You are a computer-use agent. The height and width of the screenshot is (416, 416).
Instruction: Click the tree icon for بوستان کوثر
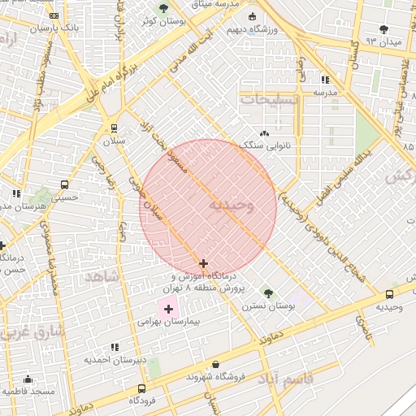(163, 8)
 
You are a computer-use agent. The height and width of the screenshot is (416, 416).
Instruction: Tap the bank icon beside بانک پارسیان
(54, 15)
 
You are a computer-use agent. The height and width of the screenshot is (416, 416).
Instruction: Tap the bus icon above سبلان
(113, 128)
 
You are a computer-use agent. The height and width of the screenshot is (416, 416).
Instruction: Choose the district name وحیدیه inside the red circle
(232, 206)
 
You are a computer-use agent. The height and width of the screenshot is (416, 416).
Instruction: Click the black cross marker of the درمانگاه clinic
(203, 263)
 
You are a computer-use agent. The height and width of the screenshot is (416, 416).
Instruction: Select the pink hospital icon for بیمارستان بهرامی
(169, 309)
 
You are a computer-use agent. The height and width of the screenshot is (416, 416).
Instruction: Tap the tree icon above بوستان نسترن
(267, 292)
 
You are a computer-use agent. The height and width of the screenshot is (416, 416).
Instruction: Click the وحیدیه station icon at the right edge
(390, 294)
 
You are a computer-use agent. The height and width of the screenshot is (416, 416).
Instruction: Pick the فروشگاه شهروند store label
(214, 376)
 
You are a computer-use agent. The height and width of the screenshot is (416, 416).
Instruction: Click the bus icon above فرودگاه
(143, 388)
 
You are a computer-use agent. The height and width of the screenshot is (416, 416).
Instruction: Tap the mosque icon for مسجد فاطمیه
(28, 379)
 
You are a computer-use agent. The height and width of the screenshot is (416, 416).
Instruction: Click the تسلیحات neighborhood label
(269, 98)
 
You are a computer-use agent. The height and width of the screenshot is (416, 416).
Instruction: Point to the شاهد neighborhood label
(102, 277)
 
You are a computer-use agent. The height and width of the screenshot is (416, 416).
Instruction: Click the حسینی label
(65, 196)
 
